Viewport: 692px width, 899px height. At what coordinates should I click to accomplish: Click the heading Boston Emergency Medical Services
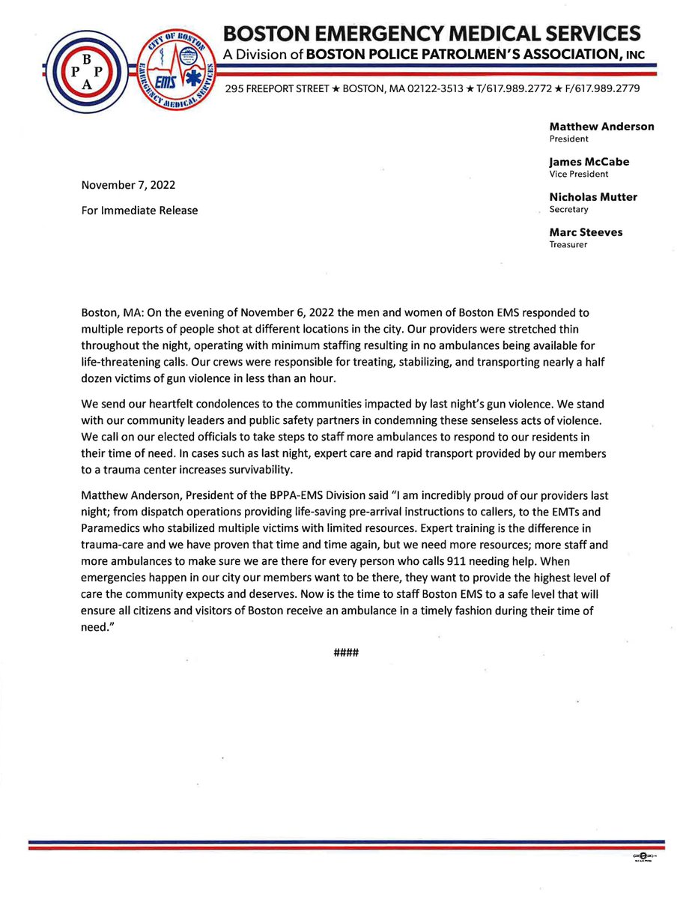(x=433, y=34)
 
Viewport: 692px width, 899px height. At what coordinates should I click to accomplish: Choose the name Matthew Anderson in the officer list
(x=601, y=127)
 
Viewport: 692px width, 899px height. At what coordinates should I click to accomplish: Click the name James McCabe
(x=589, y=161)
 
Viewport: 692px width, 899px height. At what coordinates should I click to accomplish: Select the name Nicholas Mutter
(x=593, y=197)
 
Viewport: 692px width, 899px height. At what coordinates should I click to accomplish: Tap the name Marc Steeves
(x=586, y=232)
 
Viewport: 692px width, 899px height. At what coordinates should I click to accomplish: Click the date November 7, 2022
(x=129, y=185)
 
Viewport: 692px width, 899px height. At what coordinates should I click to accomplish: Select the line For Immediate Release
(x=139, y=211)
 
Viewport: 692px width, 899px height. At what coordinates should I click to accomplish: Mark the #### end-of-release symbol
(x=347, y=653)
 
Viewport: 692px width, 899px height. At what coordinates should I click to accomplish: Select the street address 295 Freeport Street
(x=278, y=89)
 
